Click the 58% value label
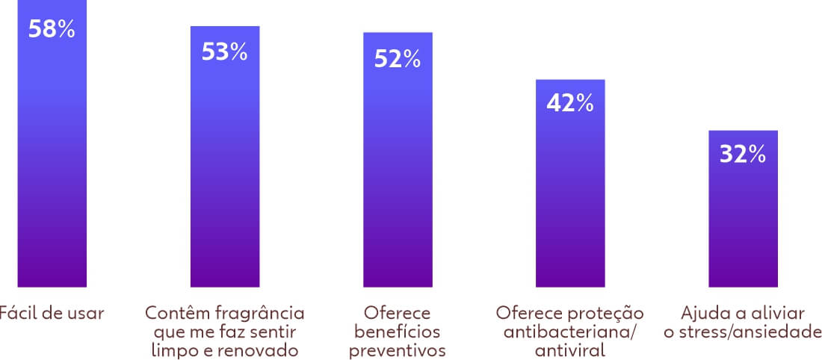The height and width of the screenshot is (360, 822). coord(52,30)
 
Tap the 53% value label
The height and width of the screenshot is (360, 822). coord(224,52)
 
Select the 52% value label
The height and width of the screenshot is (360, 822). coord(398,59)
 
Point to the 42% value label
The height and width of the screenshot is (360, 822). coord(570,103)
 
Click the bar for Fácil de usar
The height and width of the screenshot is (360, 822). coord(52,164)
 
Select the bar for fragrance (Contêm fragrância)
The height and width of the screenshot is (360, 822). coord(224,172)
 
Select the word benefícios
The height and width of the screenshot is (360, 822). coord(397,331)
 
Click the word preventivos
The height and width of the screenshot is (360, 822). coord(397,350)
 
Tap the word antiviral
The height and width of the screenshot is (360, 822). coord(569,350)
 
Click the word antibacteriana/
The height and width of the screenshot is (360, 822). coord(569,331)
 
